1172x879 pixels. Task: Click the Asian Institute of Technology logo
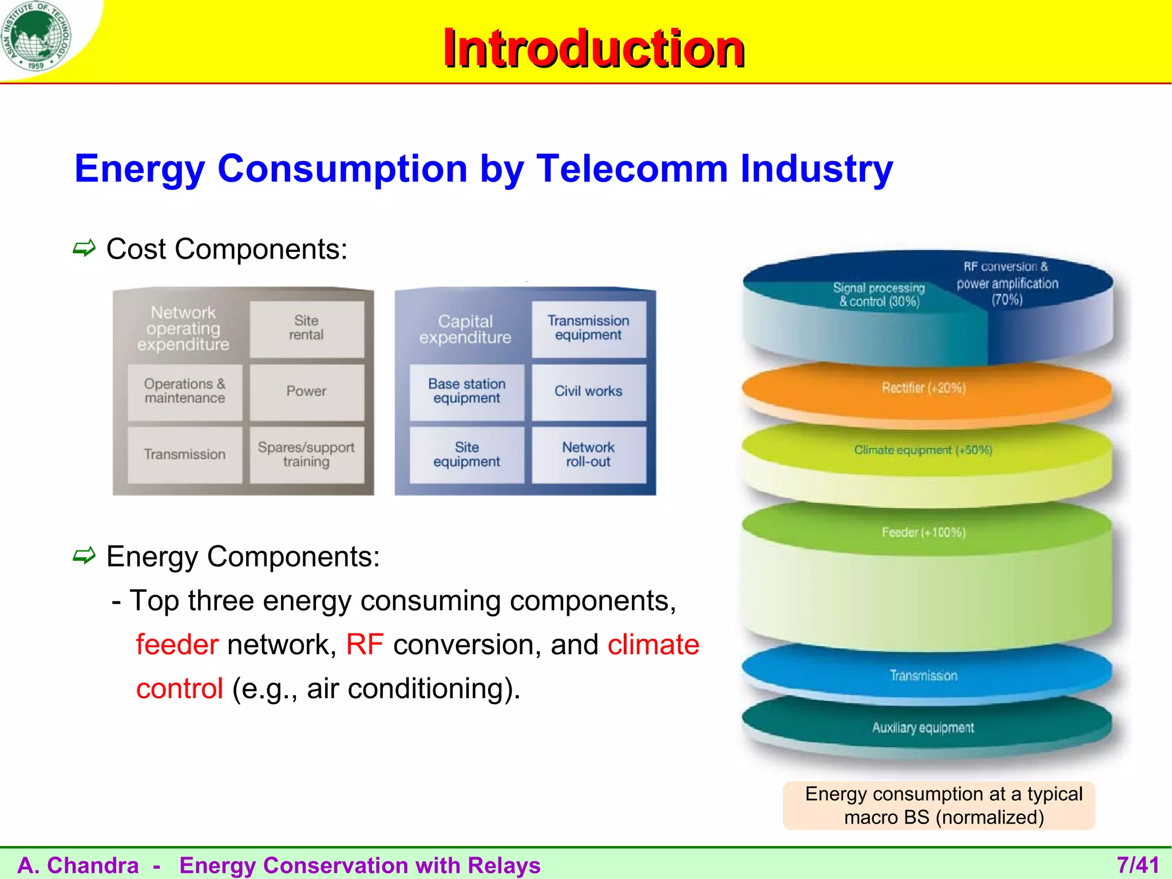[36, 35]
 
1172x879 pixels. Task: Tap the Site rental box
[306, 328]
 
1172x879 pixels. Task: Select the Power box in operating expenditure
[306, 392]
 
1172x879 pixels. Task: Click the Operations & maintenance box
[184, 392]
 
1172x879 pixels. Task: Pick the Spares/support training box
[306, 455]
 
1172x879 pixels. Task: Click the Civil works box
[588, 392]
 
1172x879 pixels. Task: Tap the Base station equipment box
[466, 392]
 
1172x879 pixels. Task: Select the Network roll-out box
[588, 455]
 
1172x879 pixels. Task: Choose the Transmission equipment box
[588, 328]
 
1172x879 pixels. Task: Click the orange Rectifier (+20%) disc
[924, 389]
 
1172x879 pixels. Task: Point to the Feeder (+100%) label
[924, 533]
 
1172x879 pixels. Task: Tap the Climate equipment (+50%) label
[922, 450]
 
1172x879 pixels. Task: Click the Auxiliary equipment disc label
[922, 728]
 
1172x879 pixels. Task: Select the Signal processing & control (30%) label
[879, 295]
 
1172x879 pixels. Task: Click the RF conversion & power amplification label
[1007, 283]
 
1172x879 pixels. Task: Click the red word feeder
[177, 645]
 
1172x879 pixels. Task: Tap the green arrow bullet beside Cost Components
[84, 248]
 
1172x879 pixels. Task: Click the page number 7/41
[1138, 865]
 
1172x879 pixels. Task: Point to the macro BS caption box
[939, 806]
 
